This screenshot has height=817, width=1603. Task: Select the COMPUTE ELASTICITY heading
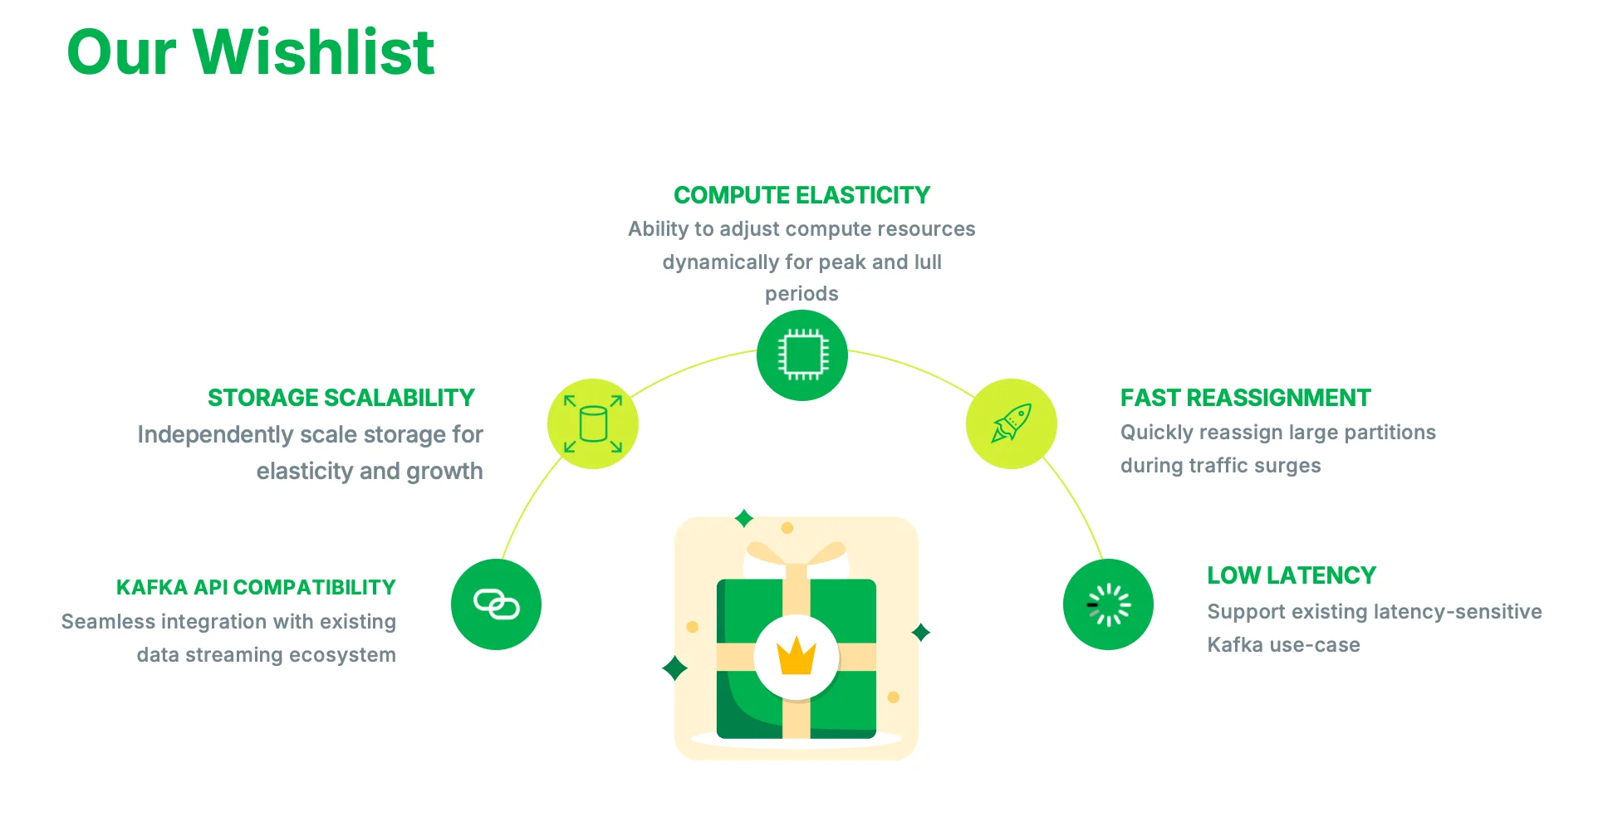801,195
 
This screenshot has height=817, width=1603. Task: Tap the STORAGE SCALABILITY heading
341,398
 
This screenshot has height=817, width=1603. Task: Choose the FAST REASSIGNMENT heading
1245,398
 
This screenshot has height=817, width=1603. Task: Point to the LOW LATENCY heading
1291,575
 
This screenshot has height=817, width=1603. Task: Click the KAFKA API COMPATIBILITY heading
256,587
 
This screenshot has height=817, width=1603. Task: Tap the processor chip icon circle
801,355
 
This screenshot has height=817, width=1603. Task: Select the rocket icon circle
1011,423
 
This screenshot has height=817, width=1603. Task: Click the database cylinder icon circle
592,423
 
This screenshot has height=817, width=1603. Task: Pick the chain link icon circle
496,604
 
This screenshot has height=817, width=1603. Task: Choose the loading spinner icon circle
1108,604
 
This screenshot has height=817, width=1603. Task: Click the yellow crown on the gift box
796,657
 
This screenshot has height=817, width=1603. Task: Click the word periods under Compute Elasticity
801,294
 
